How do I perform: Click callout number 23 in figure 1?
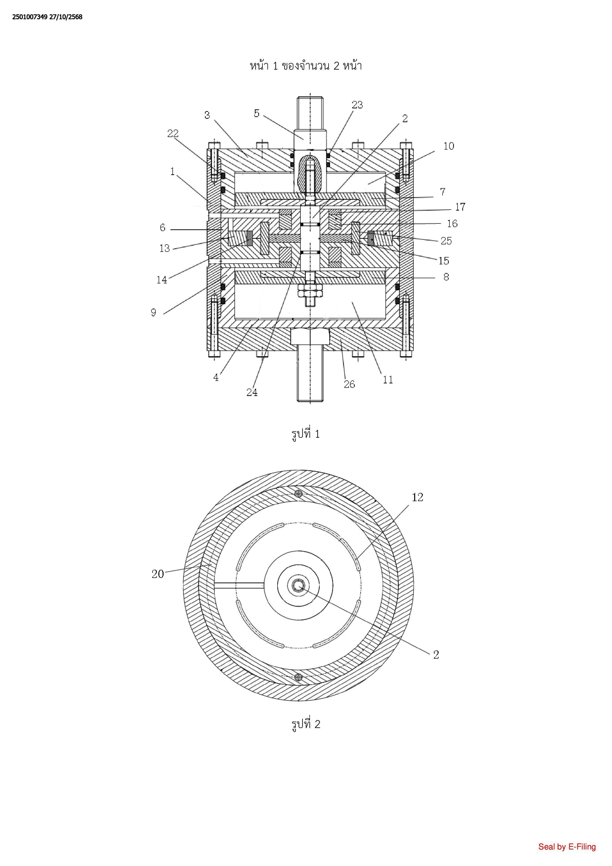coord(357,105)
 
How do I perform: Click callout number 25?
coord(446,241)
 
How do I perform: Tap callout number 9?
coord(153,312)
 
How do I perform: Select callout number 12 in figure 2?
coord(418,497)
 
